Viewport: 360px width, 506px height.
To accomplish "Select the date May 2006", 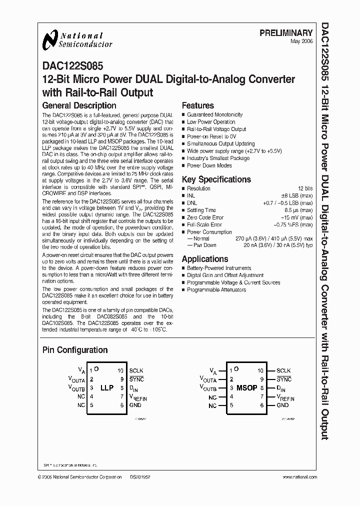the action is [301, 41].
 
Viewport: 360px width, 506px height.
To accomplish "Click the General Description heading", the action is [79, 105].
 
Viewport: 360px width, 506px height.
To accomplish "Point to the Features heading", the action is [197, 105].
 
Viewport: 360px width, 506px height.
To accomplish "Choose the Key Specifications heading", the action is [216, 179].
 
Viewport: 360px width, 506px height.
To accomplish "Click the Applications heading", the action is [205, 259].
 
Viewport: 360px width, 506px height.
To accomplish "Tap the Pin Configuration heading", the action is [74, 350].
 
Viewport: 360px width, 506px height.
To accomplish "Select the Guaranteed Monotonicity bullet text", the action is [214, 114].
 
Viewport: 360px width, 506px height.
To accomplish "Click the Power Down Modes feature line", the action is [209, 165].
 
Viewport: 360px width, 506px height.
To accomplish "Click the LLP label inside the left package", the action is [107, 388].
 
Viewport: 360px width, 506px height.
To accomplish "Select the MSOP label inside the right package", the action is [247, 388].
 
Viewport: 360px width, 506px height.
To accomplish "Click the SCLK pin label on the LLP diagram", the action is [136, 370].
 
